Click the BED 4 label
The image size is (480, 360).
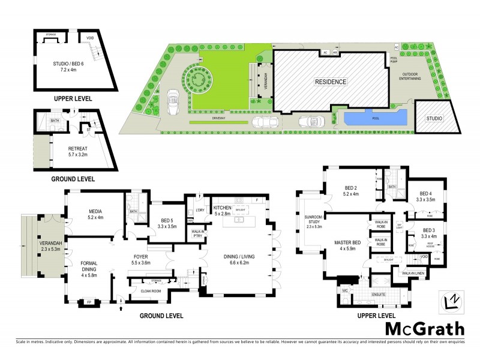(426, 194)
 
